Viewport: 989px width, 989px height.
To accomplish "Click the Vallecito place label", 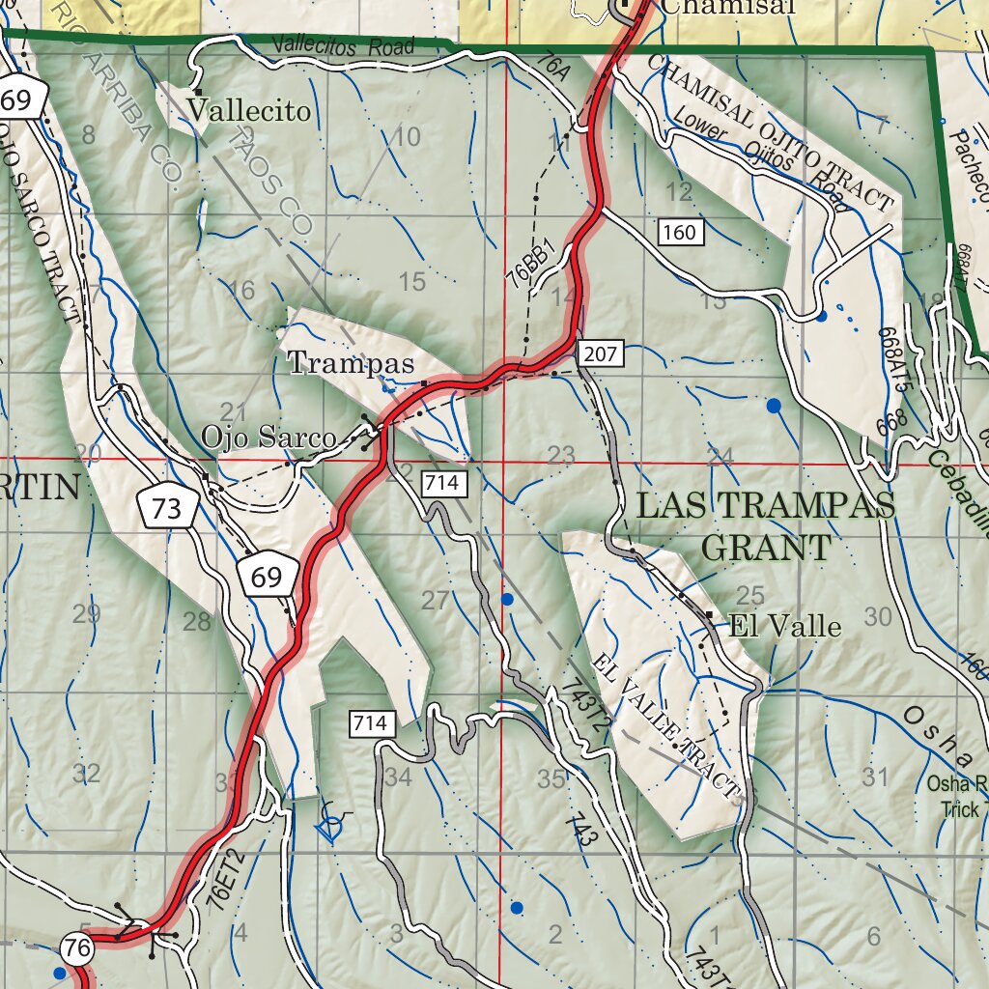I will (249, 112).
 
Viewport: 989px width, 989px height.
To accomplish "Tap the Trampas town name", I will (351, 364).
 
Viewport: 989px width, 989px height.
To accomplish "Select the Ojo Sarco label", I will (268, 438).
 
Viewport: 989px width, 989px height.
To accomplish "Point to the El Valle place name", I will (785, 626).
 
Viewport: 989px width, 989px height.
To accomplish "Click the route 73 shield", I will (167, 508).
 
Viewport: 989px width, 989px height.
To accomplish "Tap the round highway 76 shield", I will (77, 948).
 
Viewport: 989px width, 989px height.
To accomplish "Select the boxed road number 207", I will (600, 353).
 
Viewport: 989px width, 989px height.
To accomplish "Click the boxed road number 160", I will (679, 232).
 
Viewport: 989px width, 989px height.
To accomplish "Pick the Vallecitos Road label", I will (343, 45).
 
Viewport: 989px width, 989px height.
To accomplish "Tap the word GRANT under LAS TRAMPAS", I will (765, 548).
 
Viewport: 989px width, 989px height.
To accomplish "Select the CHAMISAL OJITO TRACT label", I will (770, 132).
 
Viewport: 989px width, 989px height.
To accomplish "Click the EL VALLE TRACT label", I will (666, 726).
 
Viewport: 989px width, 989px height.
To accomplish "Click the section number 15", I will (411, 282).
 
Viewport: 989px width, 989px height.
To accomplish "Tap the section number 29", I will (86, 614).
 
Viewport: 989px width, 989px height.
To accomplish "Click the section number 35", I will (551, 778).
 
